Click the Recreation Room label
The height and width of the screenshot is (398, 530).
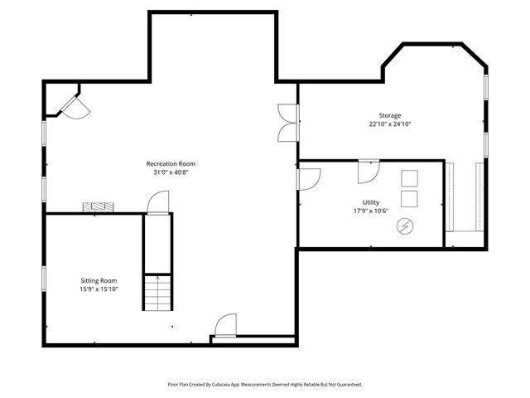click(171, 164)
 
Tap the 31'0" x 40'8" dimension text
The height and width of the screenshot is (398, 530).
click(171, 173)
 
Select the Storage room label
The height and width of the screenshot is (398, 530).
click(390, 115)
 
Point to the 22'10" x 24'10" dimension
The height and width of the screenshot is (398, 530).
click(390, 124)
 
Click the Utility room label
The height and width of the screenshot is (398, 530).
click(370, 202)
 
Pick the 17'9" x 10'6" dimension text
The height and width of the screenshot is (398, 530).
click(370, 211)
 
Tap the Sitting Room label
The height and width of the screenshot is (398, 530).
click(99, 281)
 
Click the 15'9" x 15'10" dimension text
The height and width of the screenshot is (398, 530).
click(99, 290)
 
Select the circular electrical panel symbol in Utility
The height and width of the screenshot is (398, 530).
click(406, 225)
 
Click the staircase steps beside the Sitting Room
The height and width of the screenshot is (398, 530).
click(157, 291)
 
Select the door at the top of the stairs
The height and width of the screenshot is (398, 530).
click(157, 202)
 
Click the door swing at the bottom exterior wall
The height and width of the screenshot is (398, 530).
click(224, 327)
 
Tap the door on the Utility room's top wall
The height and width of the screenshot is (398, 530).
click(368, 171)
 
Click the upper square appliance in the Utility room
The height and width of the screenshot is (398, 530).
click(409, 178)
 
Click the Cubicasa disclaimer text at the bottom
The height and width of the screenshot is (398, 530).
click(265, 385)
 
